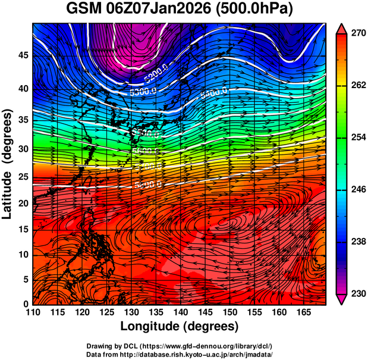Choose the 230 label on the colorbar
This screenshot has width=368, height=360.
(353, 293)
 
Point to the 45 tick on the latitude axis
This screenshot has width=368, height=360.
(24, 56)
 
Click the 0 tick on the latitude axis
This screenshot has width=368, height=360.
(27, 304)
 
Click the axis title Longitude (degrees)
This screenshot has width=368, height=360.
(179, 327)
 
